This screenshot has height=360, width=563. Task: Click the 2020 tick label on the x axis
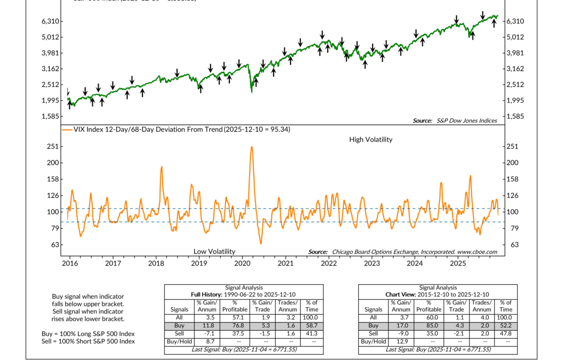(242, 263)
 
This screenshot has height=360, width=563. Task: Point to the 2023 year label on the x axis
(372, 263)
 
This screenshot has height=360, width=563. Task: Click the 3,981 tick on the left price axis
(50, 53)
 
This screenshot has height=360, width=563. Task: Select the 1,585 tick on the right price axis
(516, 116)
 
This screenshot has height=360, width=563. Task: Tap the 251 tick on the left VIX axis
(53, 147)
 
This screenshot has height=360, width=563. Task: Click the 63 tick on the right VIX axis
(512, 245)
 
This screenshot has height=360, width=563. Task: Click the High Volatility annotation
(371, 140)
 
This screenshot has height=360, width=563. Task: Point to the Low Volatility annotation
(214, 251)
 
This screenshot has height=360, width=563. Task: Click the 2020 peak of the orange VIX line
(251, 147)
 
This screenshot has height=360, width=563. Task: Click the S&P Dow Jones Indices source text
(466, 121)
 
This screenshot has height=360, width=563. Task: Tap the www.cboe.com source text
(477, 252)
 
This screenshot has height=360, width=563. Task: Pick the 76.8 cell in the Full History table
(235, 325)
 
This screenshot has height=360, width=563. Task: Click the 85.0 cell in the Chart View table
(429, 325)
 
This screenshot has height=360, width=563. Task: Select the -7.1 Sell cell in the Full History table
(206, 333)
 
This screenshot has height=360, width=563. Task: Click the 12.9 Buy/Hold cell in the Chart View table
(401, 341)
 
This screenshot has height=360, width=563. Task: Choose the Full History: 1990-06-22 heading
(244, 294)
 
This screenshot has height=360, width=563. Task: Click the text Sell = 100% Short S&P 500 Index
(88, 341)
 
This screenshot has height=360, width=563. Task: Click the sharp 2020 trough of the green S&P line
(252, 92)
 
